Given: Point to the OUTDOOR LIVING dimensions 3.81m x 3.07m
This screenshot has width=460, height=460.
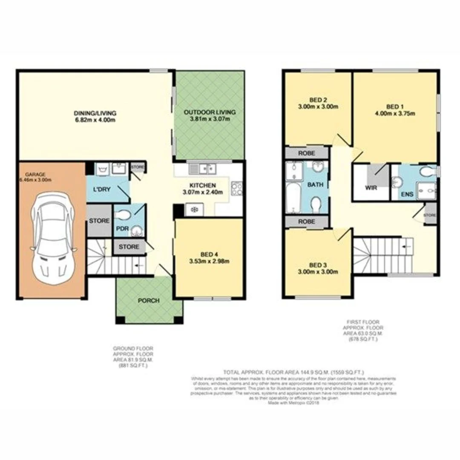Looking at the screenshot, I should pyautogui.click(x=210, y=119).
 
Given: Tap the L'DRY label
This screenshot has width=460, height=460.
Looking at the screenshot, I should pyautogui.click(x=102, y=189).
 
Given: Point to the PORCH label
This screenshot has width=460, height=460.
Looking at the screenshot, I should pyautogui.click(x=148, y=301).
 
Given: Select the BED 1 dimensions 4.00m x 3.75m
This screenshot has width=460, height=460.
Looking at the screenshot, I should pyautogui.click(x=395, y=113).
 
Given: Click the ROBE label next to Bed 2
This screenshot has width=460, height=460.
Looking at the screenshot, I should pyautogui.click(x=306, y=152).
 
